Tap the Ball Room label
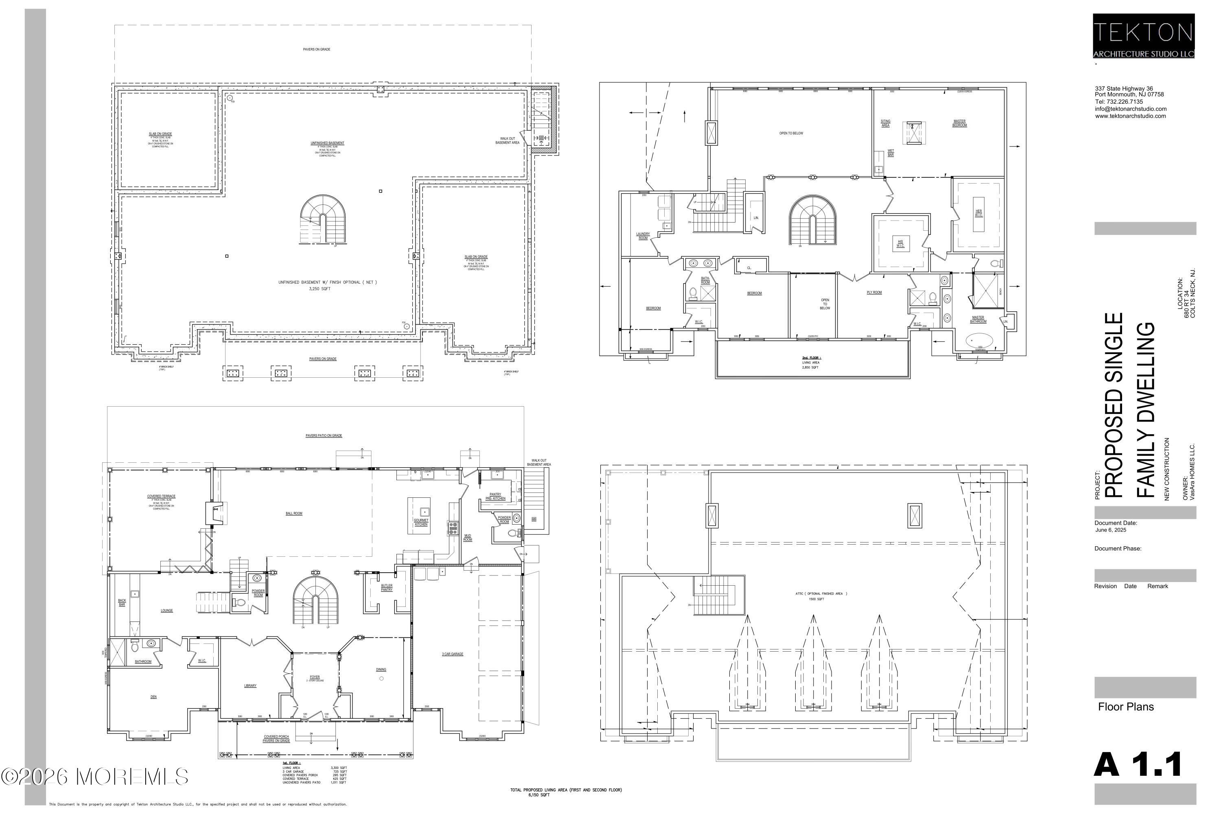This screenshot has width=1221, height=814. (294, 513)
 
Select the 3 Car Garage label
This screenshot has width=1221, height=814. (453, 654)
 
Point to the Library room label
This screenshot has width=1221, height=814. (250, 686)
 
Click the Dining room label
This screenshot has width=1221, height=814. (381, 670)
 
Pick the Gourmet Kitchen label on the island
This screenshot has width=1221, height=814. (421, 522)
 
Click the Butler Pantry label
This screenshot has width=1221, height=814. (387, 588)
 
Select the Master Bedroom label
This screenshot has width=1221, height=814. (959, 123)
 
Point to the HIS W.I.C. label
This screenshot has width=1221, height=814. (901, 243)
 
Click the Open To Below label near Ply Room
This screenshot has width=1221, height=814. (825, 304)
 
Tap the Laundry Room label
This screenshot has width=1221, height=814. (643, 236)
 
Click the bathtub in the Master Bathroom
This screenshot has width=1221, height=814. (978, 341)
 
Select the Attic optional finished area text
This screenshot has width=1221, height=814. (821, 593)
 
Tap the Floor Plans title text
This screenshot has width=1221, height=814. (1125, 707)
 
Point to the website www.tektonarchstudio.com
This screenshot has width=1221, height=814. (1130, 116)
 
